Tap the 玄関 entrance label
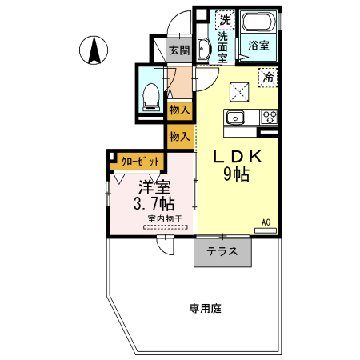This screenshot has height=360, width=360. [x=179, y=50]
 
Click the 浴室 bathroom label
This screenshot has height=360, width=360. [x=258, y=46]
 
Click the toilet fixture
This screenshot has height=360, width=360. [x=149, y=94]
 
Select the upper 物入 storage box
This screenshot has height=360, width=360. [x=179, y=110]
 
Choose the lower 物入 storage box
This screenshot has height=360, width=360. [x=179, y=136]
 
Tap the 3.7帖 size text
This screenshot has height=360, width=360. [x=152, y=204]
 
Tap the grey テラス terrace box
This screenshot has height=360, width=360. [x=222, y=251]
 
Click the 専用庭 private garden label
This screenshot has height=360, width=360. [x=205, y=307]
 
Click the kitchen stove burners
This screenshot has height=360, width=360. [x=269, y=118]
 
